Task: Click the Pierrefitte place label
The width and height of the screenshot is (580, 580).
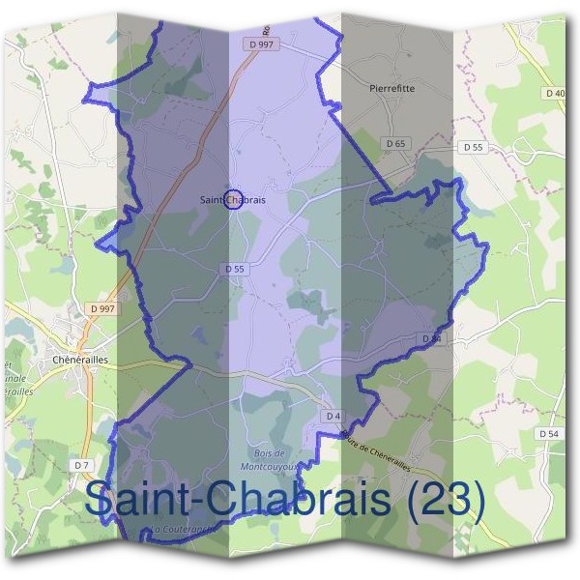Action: [x=391, y=88]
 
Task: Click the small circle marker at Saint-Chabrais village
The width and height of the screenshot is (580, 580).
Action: [x=232, y=200]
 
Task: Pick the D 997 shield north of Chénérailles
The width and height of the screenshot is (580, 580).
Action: [x=101, y=308]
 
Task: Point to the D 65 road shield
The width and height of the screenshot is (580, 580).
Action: [x=394, y=143]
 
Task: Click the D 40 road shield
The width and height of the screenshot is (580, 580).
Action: [x=555, y=93]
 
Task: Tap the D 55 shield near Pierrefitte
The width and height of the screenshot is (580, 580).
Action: [x=473, y=147]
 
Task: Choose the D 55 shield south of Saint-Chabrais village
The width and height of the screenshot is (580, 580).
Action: [x=233, y=268]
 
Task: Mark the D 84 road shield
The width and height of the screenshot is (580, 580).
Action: [x=431, y=338]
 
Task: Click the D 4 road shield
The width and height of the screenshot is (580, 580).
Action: [x=333, y=416]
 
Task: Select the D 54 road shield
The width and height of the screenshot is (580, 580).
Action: [x=547, y=435]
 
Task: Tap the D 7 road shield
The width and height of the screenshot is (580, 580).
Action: [x=81, y=466]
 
